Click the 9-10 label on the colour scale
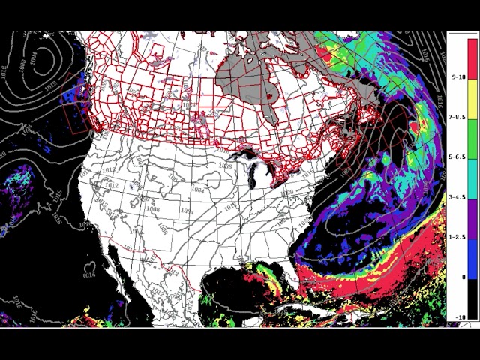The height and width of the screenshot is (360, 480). (x=458, y=76)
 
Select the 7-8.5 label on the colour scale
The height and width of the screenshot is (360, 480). (x=458, y=117)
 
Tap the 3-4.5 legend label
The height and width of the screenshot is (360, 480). (x=458, y=197)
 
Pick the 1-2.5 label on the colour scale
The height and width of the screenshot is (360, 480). (x=458, y=237)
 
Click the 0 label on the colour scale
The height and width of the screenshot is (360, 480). (x=463, y=277)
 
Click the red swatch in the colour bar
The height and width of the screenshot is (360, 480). (x=472, y=57)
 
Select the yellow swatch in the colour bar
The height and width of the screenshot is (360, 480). (x=472, y=97)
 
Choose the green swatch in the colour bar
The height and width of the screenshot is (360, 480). (x=472, y=138)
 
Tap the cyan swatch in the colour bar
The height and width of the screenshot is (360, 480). (x=472, y=178)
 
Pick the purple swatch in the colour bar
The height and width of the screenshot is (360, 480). (x=472, y=217)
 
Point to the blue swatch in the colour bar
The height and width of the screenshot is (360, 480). (x=472, y=257)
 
